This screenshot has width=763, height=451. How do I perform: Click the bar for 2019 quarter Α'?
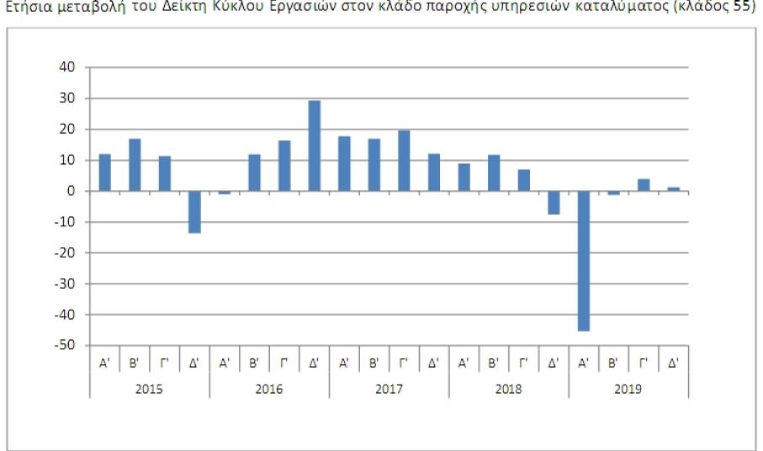coord(584,261)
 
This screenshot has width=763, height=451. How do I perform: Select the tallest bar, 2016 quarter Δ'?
coord(315,146)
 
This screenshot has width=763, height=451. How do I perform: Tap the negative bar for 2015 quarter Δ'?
coord(194,211)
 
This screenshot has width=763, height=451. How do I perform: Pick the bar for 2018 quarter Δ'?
coord(554,202)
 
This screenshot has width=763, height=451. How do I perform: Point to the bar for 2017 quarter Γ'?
coord(404,161)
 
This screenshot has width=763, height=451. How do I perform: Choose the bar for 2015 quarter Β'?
coord(135,165)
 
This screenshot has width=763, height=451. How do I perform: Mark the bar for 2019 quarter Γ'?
coord(644,185)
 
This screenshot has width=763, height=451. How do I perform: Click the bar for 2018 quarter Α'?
coord(464,177)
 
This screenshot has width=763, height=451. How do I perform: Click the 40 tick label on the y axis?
coord(68,67)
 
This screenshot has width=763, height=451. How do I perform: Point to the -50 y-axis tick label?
coord(66,346)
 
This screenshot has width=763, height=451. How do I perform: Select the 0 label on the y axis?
coord(72,191)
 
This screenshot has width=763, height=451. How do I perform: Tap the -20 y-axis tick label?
coord(66,253)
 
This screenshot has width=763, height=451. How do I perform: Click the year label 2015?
coord(150,389)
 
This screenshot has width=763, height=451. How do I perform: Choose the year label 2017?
coord(389,389)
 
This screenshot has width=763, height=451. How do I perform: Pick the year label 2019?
coord(628,389)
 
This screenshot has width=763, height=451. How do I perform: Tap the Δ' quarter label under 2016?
coord(315,363)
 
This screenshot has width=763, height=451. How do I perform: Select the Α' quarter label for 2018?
coord(464,363)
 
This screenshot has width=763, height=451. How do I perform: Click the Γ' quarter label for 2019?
coord(644,363)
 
